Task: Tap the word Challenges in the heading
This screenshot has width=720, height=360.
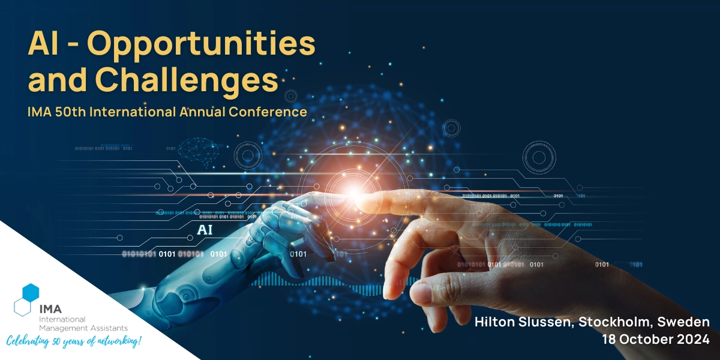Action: coord(187,80)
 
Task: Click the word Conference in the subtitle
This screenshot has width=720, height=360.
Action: coord(268,112)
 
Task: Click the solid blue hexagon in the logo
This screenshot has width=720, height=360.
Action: coord(31,293)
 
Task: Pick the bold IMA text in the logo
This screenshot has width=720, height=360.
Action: coord(50,309)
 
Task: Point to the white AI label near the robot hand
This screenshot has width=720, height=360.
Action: coord(205,230)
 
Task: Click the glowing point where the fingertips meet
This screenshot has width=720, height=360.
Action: coord(353,193)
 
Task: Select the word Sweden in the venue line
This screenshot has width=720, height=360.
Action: coord(683,322)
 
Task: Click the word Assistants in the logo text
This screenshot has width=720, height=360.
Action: coord(111,328)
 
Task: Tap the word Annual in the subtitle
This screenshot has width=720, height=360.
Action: coord(202,112)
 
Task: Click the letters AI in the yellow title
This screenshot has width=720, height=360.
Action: coord(43,43)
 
